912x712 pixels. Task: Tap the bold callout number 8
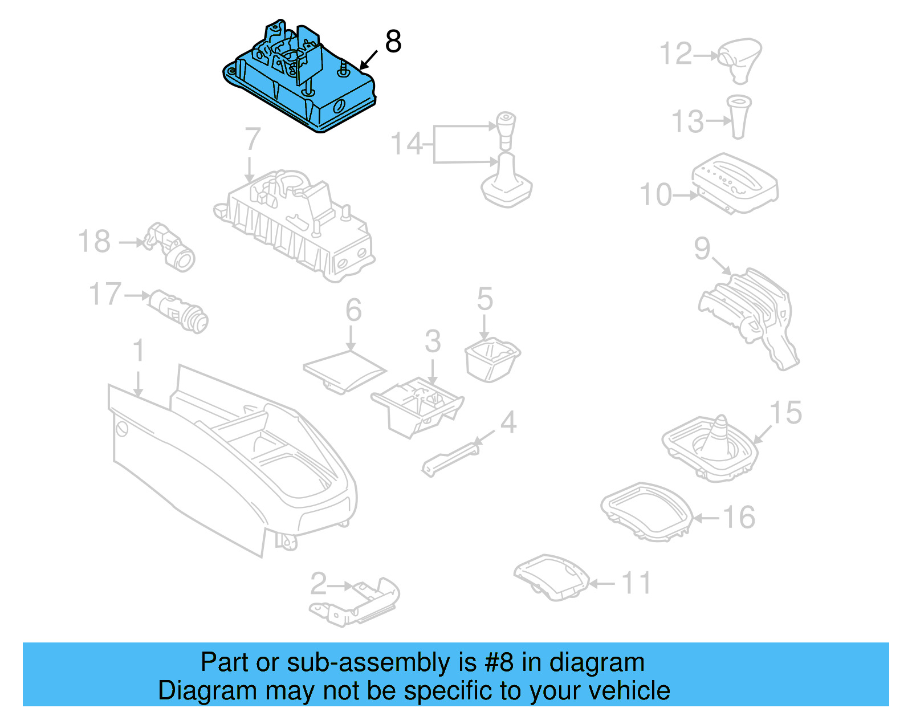point(393,42)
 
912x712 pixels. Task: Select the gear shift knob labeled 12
point(740,59)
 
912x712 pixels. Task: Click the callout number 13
point(688,121)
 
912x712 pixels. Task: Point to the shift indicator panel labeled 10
point(735,182)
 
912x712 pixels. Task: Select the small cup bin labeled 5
point(492,359)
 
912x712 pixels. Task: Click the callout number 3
point(433,341)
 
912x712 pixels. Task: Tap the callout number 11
point(635,583)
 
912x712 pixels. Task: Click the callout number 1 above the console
point(139,351)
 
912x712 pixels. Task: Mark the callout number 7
point(252,139)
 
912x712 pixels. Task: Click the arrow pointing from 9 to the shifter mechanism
point(722,266)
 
